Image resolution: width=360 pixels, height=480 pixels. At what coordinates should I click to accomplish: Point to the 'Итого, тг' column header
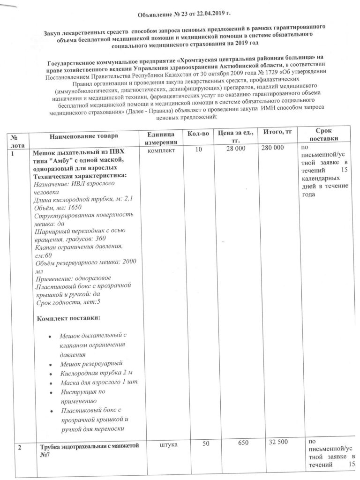(277, 133)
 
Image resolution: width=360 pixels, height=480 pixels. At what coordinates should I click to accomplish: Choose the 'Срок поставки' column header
(323, 136)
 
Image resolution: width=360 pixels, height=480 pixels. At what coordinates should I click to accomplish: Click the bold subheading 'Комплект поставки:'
(67, 318)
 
